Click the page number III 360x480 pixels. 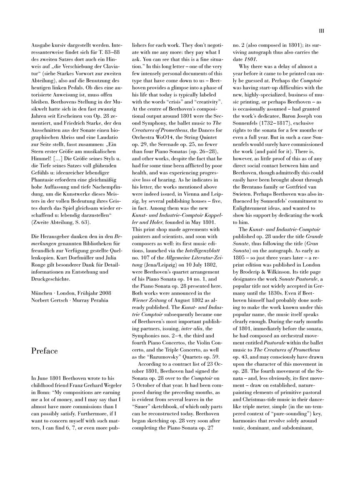click(x=321, y=30)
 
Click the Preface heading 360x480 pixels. click(x=45, y=350)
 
